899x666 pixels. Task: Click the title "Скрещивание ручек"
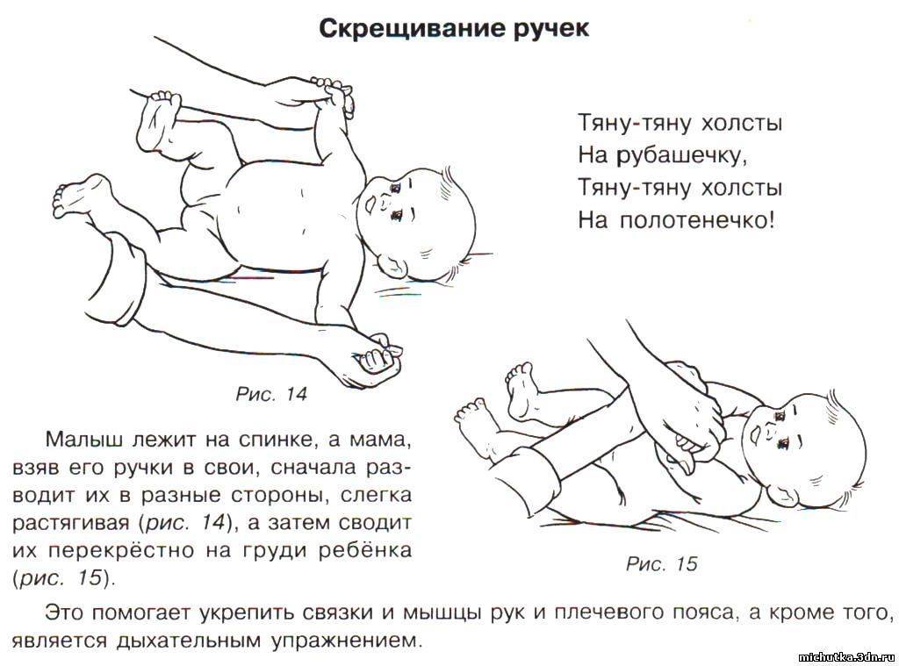(453, 29)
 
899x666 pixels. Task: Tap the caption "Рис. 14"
(271, 394)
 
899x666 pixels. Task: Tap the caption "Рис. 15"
(661, 563)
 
